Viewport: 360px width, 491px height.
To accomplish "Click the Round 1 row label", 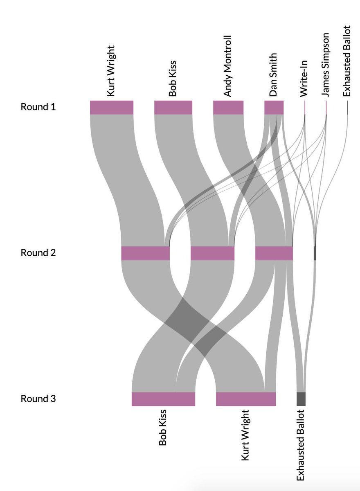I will [x=38, y=107].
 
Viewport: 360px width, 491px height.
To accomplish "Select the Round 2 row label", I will [x=38, y=253].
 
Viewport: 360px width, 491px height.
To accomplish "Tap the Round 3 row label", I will [x=38, y=399].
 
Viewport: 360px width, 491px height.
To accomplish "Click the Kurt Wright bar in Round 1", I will [x=112, y=107].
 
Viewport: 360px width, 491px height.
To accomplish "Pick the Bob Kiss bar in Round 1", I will [x=173, y=107].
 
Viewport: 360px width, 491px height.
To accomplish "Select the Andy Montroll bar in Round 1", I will [x=228, y=107].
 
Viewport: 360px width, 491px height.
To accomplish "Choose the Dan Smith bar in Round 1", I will [x=274, y=107].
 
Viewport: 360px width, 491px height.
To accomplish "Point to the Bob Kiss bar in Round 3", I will [x=163, y=399].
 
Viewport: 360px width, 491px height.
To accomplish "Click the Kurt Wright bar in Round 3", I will [x=246, y=399].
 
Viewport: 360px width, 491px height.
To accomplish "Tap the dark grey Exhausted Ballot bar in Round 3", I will [x=301, y=399].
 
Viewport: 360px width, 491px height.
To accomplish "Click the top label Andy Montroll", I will [x=227, y=66].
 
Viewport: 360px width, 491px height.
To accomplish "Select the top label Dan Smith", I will [x=273, y=74].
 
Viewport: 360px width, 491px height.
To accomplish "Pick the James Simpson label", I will [x=326, y=65].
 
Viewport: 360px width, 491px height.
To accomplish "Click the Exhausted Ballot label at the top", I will [x=347, y=61].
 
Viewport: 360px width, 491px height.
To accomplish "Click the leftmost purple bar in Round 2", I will [x=145, y=253].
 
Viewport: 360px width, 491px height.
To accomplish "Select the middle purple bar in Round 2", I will [x=212, y=253].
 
